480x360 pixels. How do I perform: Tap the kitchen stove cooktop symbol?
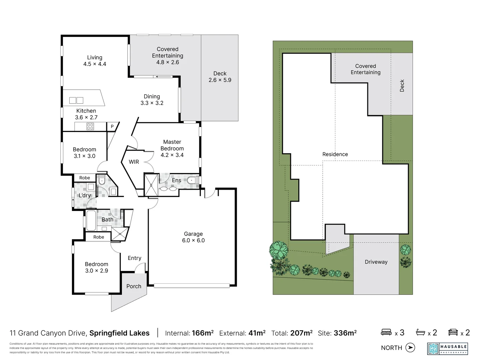click(90, 126)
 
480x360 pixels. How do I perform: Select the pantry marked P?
click(112, 126)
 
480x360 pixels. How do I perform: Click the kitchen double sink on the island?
click(76, 100)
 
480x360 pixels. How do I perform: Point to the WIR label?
click(134, 162)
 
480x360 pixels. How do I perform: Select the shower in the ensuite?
click(151, 185)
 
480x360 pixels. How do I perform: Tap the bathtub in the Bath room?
click(91, 220)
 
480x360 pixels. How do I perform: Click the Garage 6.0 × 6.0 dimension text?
click(193, 240)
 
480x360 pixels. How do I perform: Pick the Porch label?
click(134, 286)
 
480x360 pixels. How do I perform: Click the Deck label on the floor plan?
click(220, 73)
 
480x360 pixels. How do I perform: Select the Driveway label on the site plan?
click(376, 262)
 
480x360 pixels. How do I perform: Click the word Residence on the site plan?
click(335, 154)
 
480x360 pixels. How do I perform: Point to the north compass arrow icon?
click(410, 348)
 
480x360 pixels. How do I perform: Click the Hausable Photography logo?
click(447, 349)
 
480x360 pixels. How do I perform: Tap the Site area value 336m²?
click(345, 333)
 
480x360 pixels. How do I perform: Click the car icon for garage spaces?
click(453, 332)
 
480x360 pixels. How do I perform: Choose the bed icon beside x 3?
click(386, 332)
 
